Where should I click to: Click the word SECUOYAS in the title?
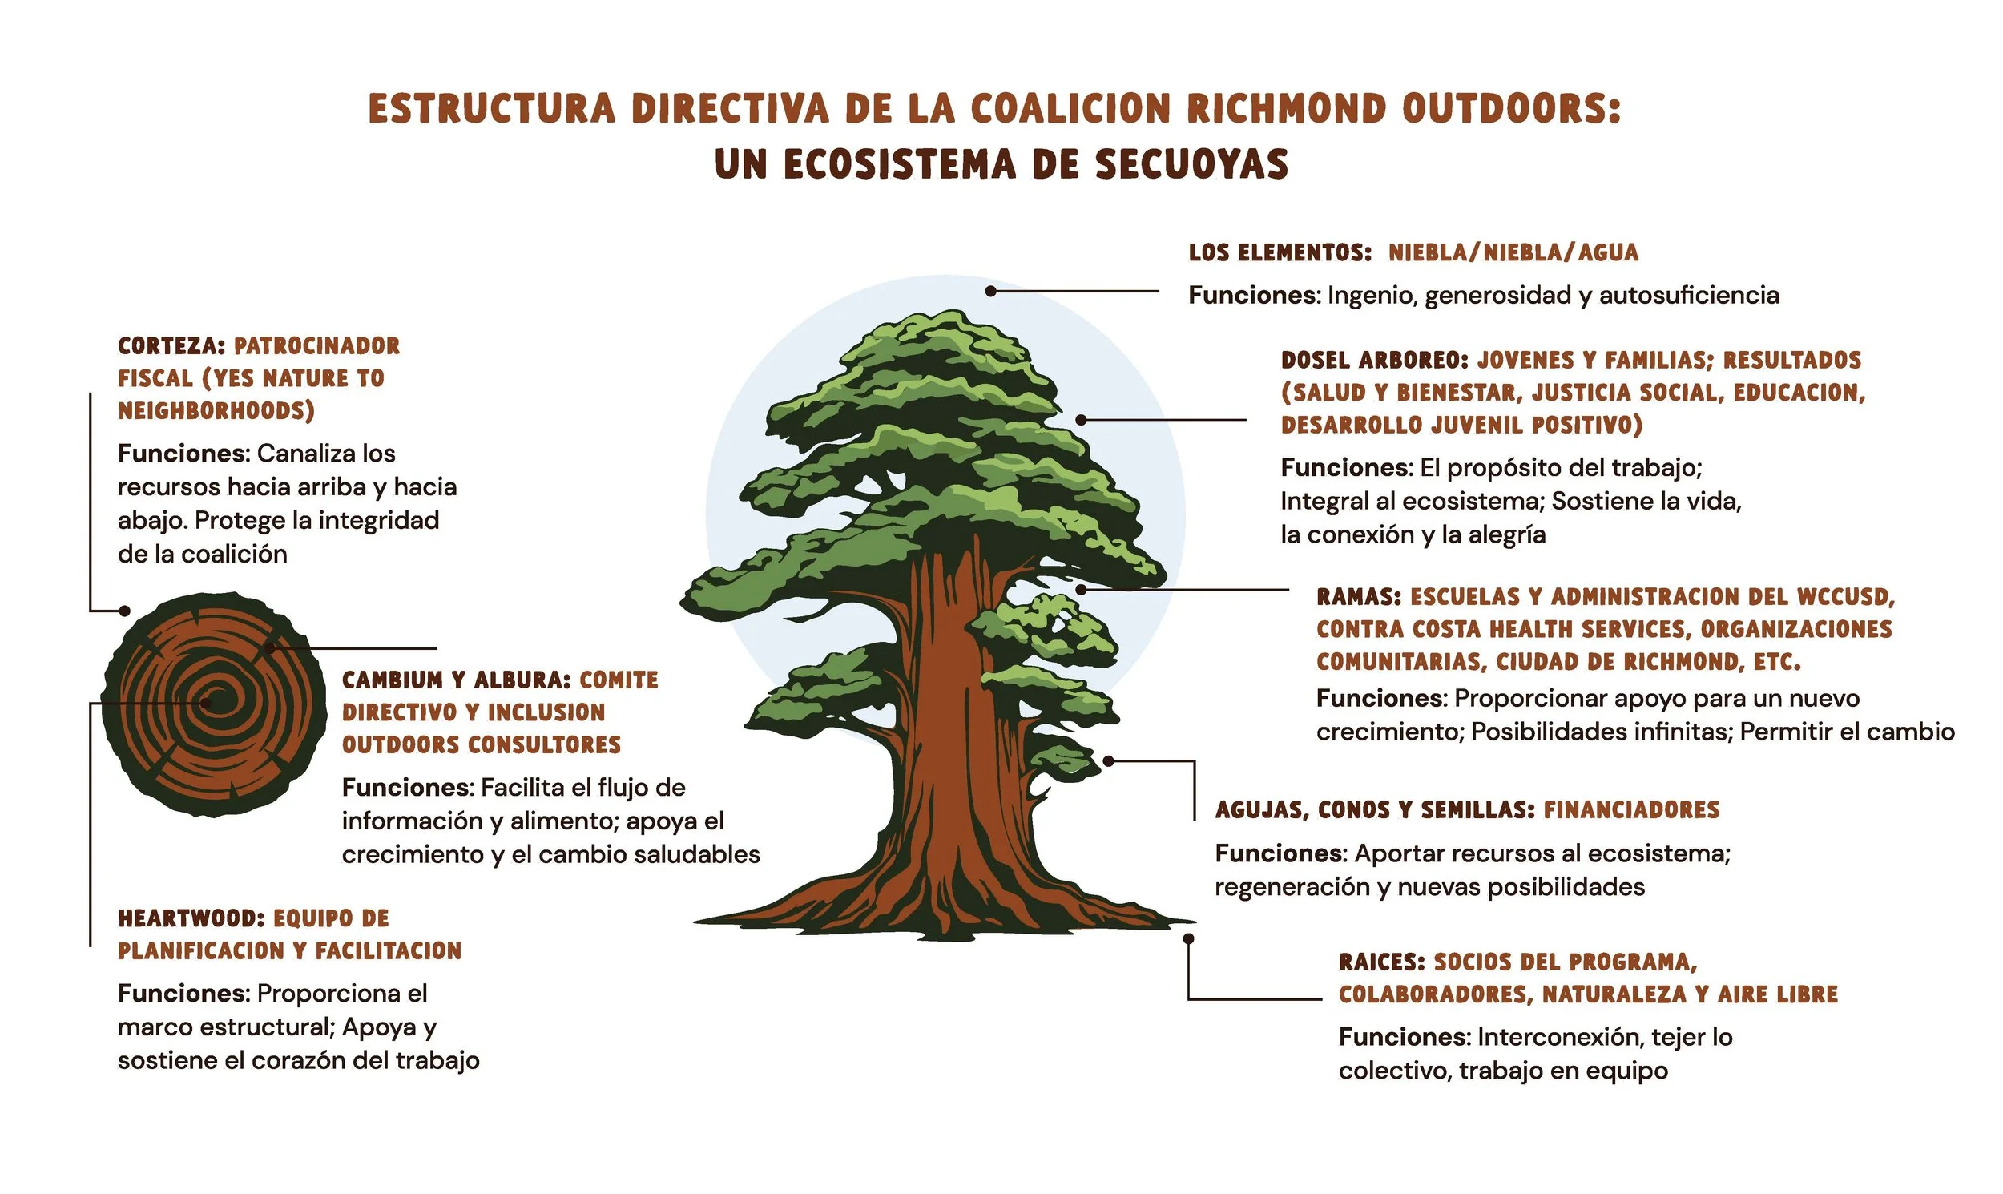click(1191, 164)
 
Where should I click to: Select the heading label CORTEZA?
click(171, 346)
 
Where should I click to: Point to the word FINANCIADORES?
click(1631, 809)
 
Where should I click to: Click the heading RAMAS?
click(1359, 597)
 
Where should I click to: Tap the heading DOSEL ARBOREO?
click(1375, 360)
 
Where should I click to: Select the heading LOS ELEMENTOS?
click(1280, 252)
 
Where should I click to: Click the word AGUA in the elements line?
click(1608, 252)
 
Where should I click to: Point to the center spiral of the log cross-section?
click(207, 703)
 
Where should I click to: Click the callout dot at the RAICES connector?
click(1188, 938)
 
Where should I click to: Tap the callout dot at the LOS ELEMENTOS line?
click(991, 291)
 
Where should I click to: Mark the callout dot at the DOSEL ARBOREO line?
click(1081, 420)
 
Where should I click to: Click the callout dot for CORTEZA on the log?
click(125, 611)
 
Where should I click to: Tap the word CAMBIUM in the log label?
click(392, 680)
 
